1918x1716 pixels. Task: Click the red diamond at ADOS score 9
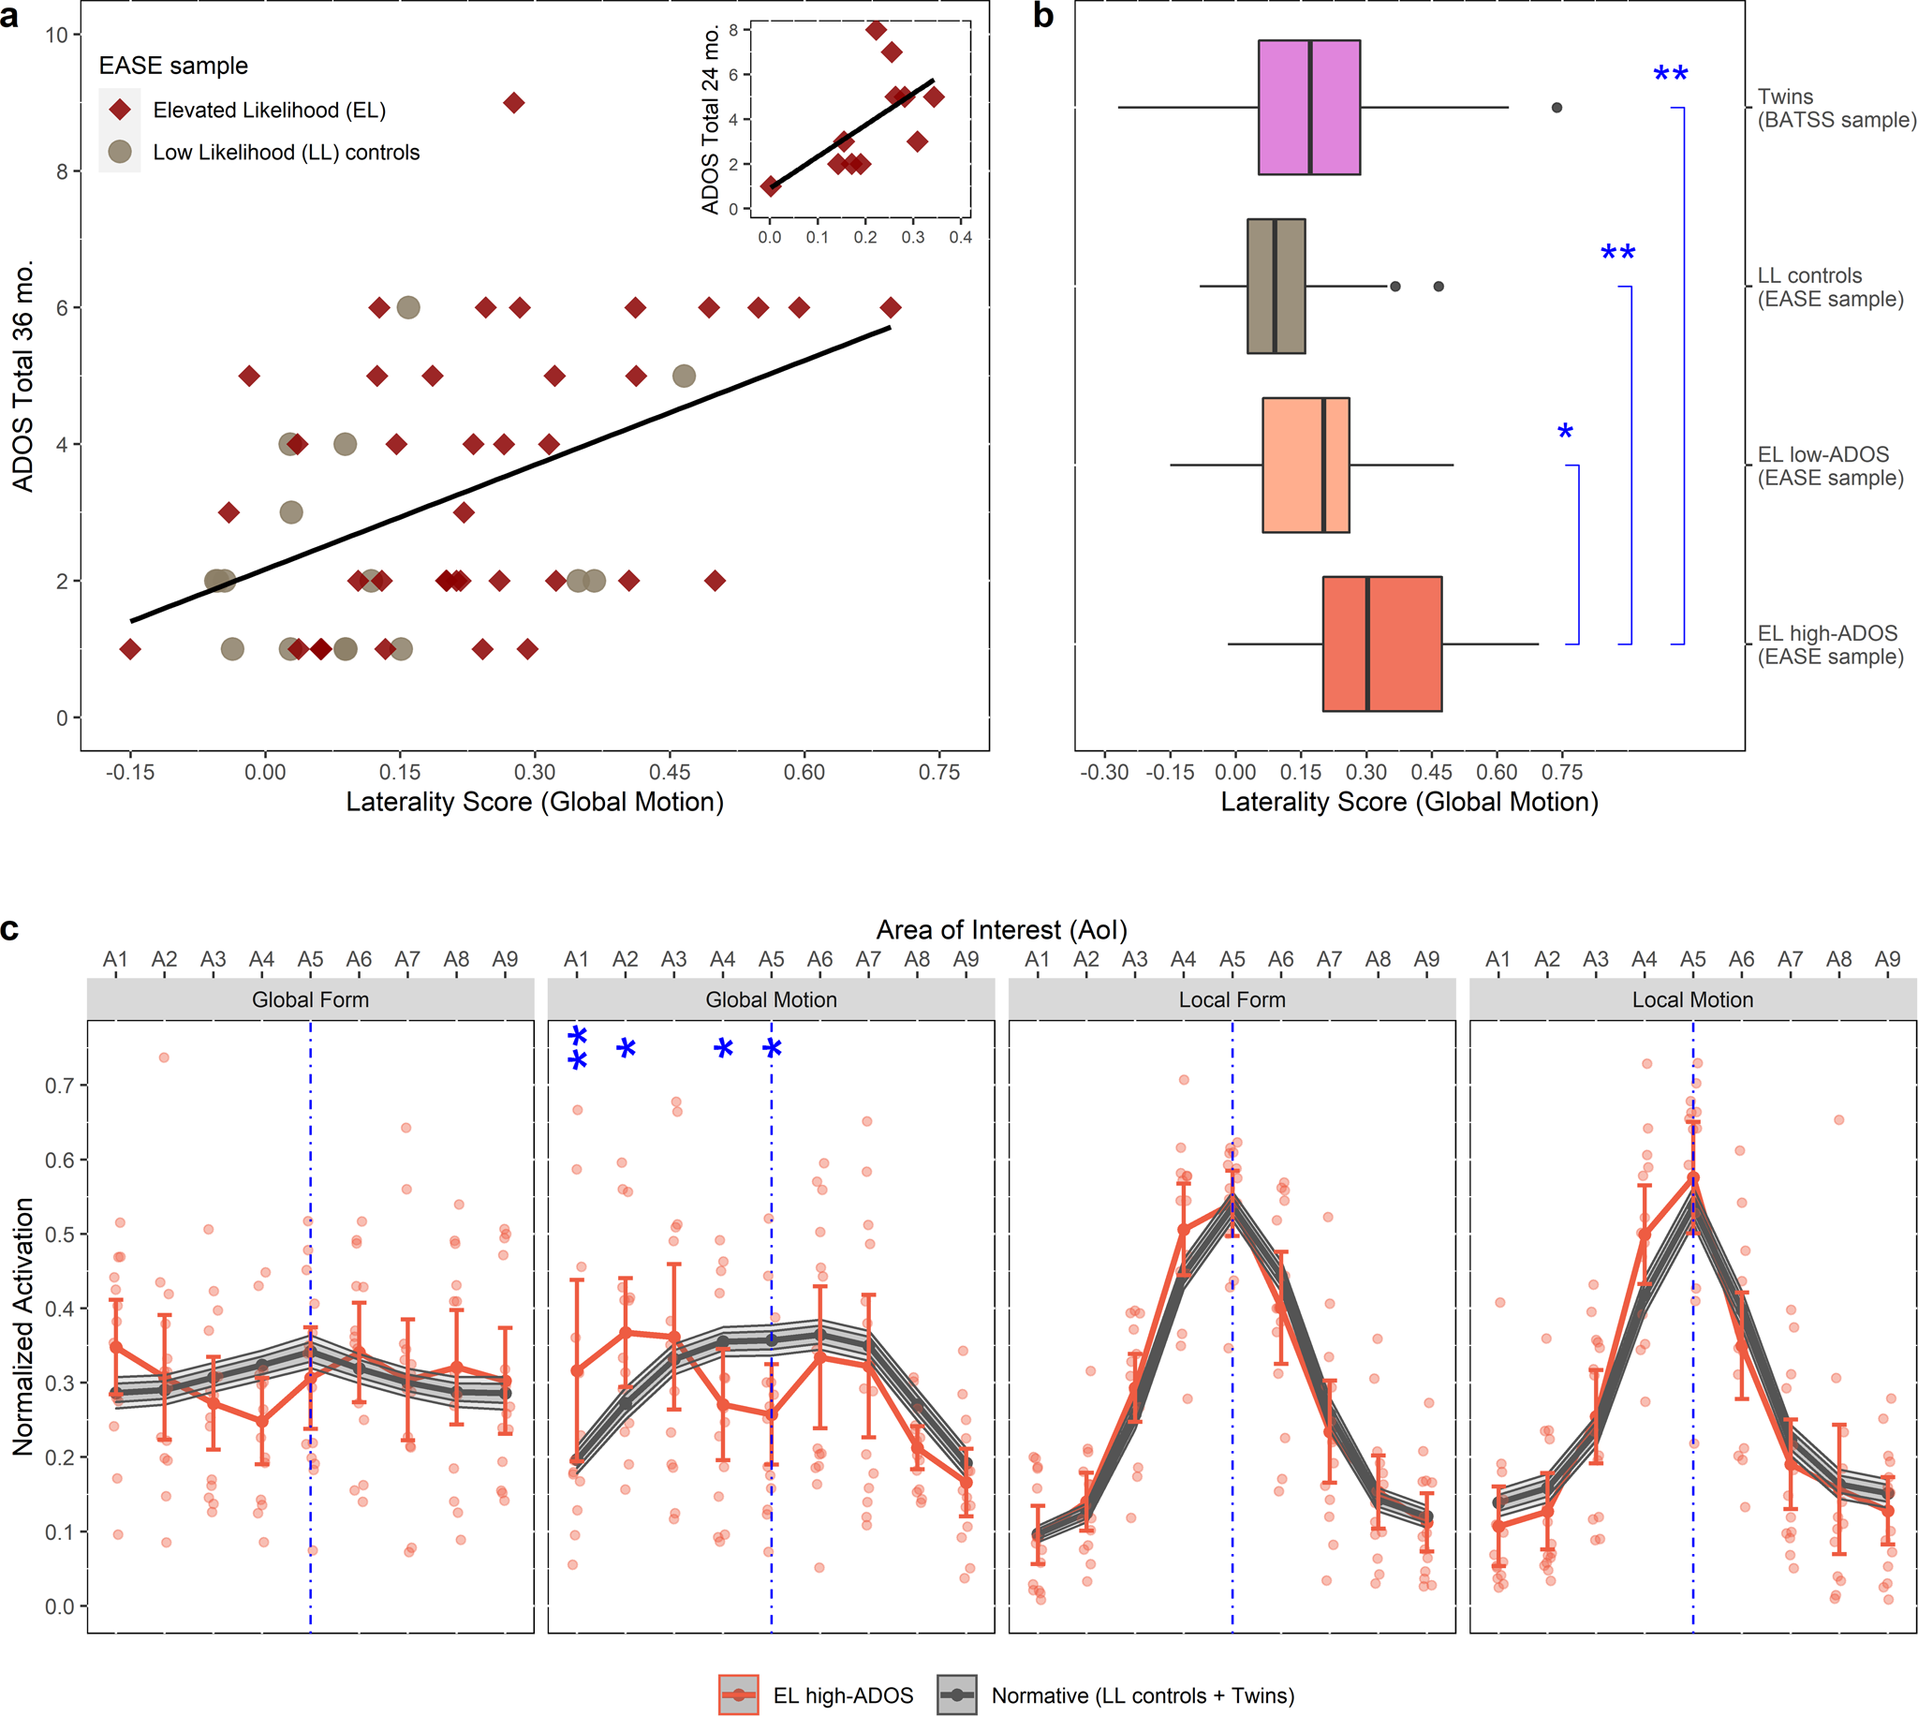513,103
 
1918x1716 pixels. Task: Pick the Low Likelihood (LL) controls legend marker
120,152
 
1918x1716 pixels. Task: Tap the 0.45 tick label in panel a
670,772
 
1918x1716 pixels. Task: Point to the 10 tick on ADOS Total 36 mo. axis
55,35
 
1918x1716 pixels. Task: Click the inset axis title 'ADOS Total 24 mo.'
710,120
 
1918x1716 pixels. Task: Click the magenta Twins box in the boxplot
1308,108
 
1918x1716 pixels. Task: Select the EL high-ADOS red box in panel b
1381,644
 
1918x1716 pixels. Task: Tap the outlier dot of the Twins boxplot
1557,108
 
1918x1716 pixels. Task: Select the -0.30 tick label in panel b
1104,772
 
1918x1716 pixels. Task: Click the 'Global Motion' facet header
770,999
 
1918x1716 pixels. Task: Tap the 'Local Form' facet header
1231,999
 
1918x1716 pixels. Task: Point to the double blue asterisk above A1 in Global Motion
578,1048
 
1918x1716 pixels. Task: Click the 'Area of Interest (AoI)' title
1001,930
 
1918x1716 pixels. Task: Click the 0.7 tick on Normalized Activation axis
57,1086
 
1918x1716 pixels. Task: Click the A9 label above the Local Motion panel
1887,959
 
